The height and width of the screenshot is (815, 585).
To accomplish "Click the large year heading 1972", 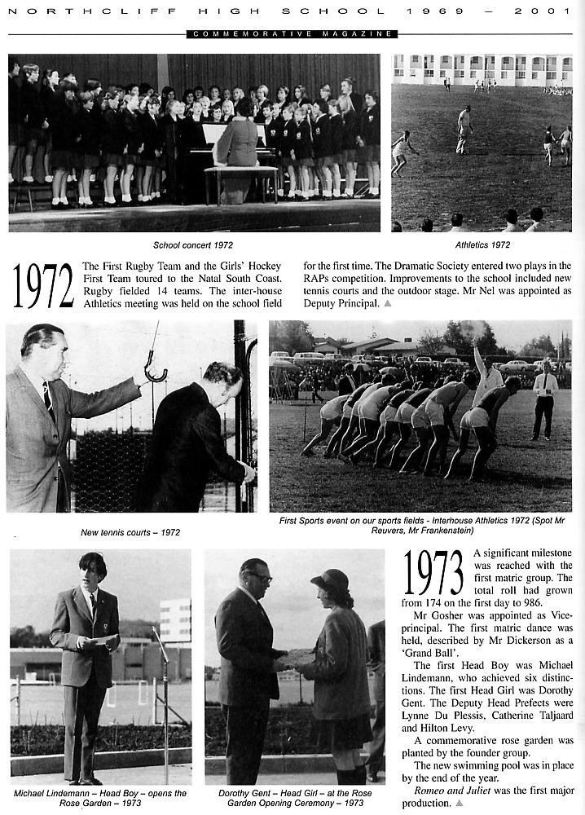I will (x=43, y=286).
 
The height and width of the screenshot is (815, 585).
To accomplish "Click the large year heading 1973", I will (x=433, y=573).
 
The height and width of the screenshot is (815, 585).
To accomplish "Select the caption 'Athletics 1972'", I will (x=482, y=244).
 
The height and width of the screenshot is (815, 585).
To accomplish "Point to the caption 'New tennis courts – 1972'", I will (x=130, y=532).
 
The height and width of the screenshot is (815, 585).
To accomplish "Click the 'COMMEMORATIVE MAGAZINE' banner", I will (x=292, y=33).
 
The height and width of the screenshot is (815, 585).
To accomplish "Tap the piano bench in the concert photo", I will (x=240, y=173).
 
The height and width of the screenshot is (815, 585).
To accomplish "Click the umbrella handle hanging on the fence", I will (x=155, y=371).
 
